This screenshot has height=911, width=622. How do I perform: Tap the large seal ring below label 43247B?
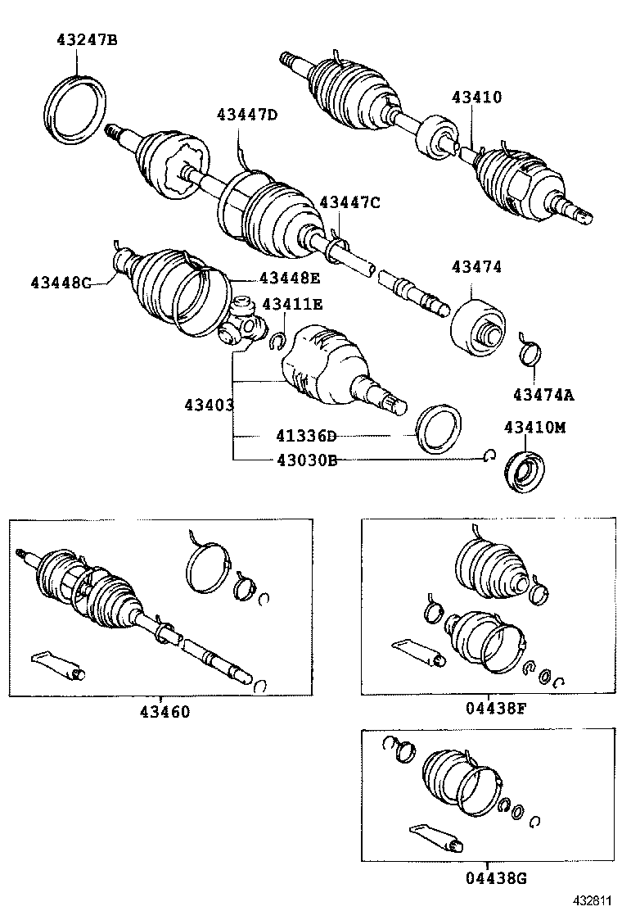(x=75, y=109)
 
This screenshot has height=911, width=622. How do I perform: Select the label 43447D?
(x=247, y=115)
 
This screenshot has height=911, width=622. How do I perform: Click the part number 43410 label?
(x=476, y=97)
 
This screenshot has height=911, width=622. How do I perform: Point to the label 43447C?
(x=349, y=202)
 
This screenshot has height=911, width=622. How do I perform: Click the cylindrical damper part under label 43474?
(x=478, y=326)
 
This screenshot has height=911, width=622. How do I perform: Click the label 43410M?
(x=534, y=428)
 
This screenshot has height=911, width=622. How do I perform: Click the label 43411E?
(x=291, y=305)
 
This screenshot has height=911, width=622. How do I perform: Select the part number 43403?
(x=210, y=405)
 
